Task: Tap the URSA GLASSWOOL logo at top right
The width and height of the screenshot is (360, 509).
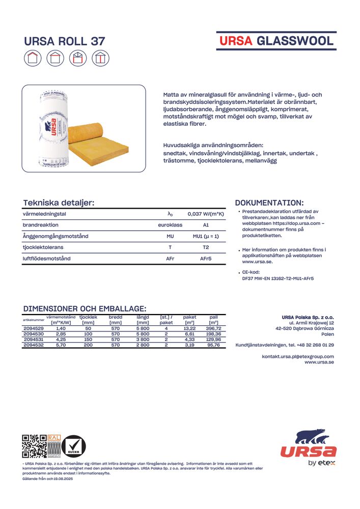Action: click(x=276, y=41)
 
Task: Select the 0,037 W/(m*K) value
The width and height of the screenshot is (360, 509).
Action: click(x=206, y=214)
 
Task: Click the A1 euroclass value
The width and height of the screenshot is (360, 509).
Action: click(x=206, y=225)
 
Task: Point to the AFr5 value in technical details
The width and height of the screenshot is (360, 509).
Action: click(x=206, y=259)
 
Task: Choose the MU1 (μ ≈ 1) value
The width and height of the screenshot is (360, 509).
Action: click(x=206, y=236)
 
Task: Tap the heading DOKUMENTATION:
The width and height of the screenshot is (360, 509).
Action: click(x=269, y=203)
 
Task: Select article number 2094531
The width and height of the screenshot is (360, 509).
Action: click(x=34, y=340)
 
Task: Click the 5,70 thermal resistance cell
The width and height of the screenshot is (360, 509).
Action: click(x=61, y=345)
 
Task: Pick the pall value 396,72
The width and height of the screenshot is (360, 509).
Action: click(x=213, y=328)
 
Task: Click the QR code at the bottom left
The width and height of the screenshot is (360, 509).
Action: click(x=34, y=447)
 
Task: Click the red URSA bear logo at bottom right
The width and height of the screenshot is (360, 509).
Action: click(x=309, y=444)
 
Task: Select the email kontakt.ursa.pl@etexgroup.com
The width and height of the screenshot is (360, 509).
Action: click(x=298, y=356)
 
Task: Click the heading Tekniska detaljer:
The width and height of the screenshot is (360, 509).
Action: click(x=59, y=203)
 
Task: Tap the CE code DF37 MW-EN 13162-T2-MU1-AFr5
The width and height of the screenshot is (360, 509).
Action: click(x=278, y=278)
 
